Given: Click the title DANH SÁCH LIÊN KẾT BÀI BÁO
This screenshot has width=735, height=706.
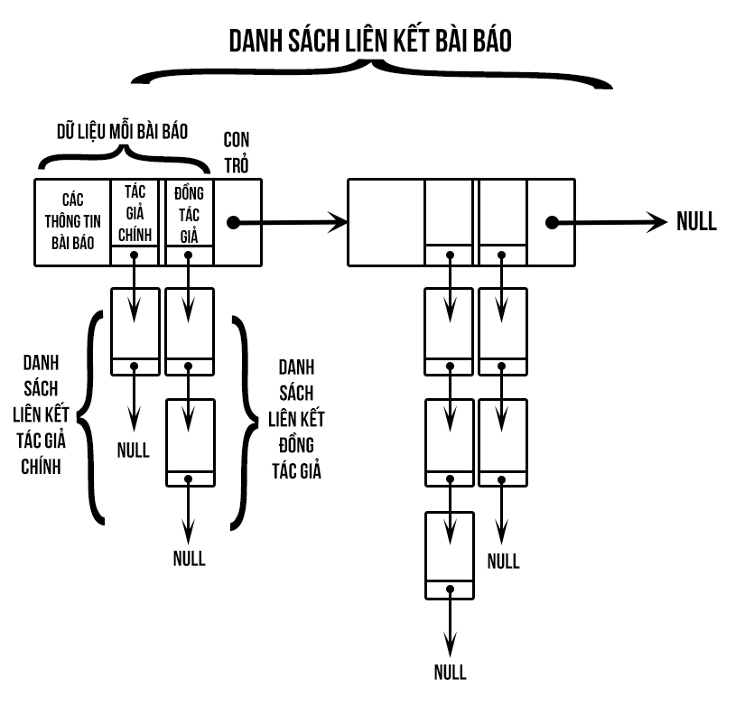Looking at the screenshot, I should point(369,41).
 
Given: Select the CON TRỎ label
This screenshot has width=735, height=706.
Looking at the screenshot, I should point(237,153).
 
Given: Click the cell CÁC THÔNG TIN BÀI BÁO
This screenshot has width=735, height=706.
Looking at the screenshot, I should point(72,222).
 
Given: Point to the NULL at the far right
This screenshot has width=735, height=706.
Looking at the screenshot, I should point(696,222).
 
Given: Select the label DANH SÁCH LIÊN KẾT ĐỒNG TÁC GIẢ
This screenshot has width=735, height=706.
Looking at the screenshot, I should point(297,419).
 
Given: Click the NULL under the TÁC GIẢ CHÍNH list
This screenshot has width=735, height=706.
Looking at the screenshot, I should point(134,450).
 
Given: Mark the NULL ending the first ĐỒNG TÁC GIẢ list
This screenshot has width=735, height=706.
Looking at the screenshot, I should point(189,557).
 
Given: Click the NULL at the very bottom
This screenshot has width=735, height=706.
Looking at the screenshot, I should point(450,673).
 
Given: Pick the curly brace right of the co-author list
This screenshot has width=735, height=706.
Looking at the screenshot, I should point(242,419).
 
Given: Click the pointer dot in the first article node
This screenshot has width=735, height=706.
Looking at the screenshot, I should point(232,222).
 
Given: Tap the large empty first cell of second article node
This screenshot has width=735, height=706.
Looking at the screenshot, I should point(386,222).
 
